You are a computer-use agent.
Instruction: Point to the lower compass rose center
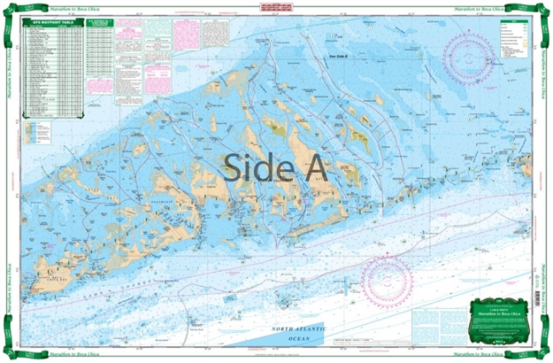coord(388,282)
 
